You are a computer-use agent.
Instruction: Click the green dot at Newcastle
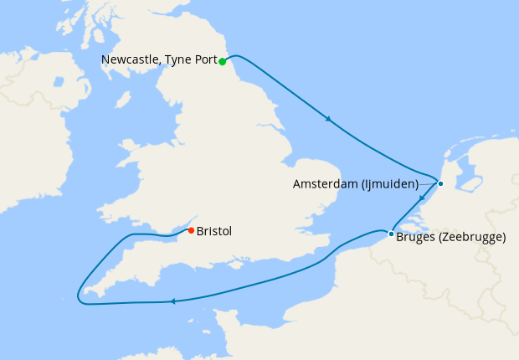pyautogui.click(x=223, y=61)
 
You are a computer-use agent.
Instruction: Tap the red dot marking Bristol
pyautogui.click(x=191, y=230)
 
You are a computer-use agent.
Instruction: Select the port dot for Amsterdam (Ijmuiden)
pyautogui.click(x=440, y=183)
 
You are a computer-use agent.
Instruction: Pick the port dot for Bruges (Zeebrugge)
pyautogui.click(x=391, y=234)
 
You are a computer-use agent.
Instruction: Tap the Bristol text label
pyautogui.click(x=214, y=231)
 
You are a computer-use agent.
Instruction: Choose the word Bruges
pyautogui.click(x=416, y=238)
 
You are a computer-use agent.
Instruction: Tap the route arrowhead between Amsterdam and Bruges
pyautogui.click(x=423, y=199)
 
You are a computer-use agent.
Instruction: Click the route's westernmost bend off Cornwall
pyautogui.click(x=77, y=295)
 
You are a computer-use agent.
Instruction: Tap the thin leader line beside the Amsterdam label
pyautogui.click(x=429, y=183)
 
